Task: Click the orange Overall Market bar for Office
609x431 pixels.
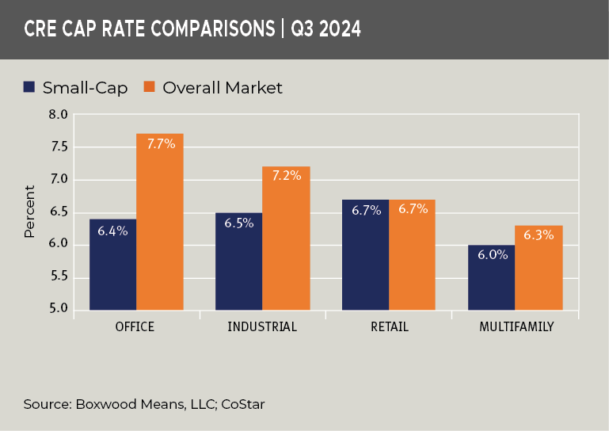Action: [x=159, y=222]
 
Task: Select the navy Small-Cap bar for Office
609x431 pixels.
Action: [x=112, y=265]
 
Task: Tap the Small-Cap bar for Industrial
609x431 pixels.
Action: [x=238, y=261]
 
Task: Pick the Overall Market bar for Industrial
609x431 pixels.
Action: [x=285, y=238]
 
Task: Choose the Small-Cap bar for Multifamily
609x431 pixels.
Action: [x=491, y=277]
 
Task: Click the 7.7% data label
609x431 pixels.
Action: [x=160, y=144]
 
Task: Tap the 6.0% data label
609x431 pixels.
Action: [x=491, y=255]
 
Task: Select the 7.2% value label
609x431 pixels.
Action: [x=286, y=176]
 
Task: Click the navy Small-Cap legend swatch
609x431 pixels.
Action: [x=29, y=87]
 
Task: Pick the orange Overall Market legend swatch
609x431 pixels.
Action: [x=149, y=87]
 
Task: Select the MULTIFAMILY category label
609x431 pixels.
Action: [x=515, y=326]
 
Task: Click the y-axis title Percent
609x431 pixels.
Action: [x=29, y=212]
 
